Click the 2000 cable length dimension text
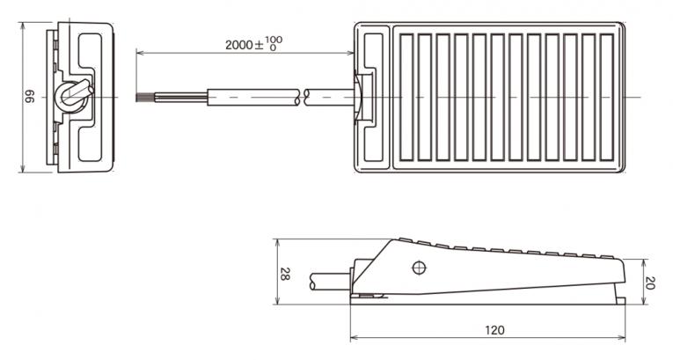coord(239,45)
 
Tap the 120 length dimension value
coord(494,330)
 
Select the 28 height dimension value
coord(285,274)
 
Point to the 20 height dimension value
coord(650,283)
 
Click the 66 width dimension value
coord(29,96)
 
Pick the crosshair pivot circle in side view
coord(419,268)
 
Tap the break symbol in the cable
coord(302,98)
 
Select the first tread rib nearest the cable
coord(406,98)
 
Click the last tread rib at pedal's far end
coord(607,98)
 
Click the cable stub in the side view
coord(330,282)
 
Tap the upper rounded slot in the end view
coord(90,50)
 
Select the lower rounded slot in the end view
coord(90,144)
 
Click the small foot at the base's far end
coord(620,301)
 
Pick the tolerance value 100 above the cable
coord(274,40)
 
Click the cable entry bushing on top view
coord(358,98)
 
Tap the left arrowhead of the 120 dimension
coord(354,338)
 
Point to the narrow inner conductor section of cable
coord(180,98)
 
